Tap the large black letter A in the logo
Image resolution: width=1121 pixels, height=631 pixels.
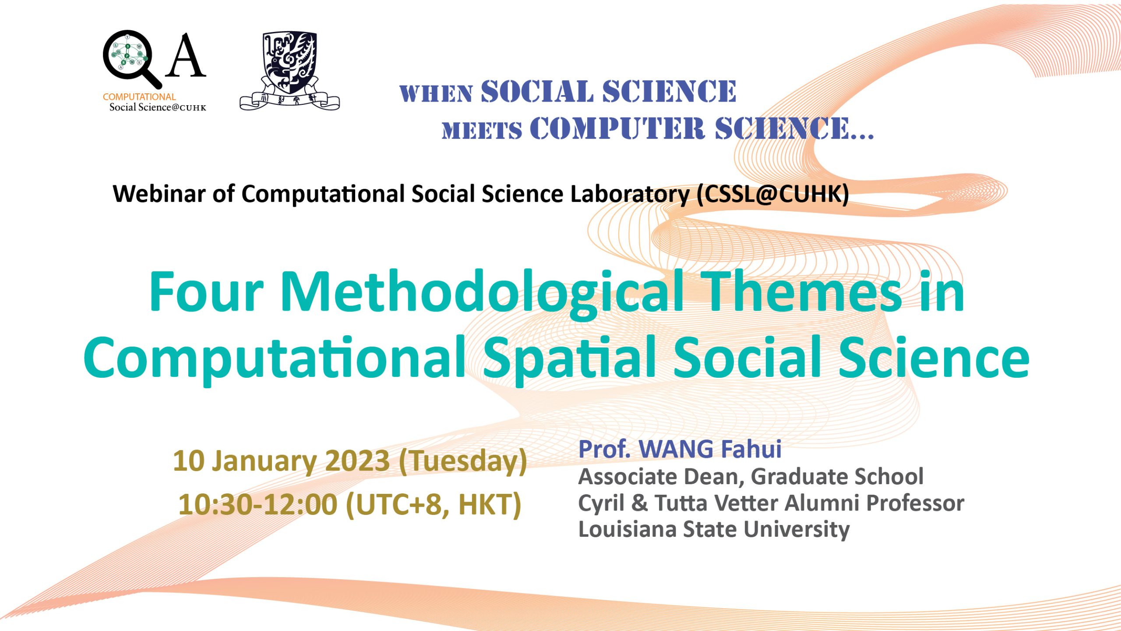186,56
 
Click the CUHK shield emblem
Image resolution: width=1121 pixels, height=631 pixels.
289,70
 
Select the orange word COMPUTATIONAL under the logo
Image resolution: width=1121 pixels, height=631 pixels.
139,97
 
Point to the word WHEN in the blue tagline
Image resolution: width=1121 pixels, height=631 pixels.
436,94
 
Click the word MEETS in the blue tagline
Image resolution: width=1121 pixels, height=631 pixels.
482,130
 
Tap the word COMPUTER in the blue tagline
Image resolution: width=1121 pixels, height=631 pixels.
617,128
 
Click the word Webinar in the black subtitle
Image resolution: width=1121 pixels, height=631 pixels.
159,194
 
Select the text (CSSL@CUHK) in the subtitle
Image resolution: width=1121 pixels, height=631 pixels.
773,194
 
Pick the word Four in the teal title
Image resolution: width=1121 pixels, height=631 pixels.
206,291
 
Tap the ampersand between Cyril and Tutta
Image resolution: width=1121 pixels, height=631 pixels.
639,503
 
